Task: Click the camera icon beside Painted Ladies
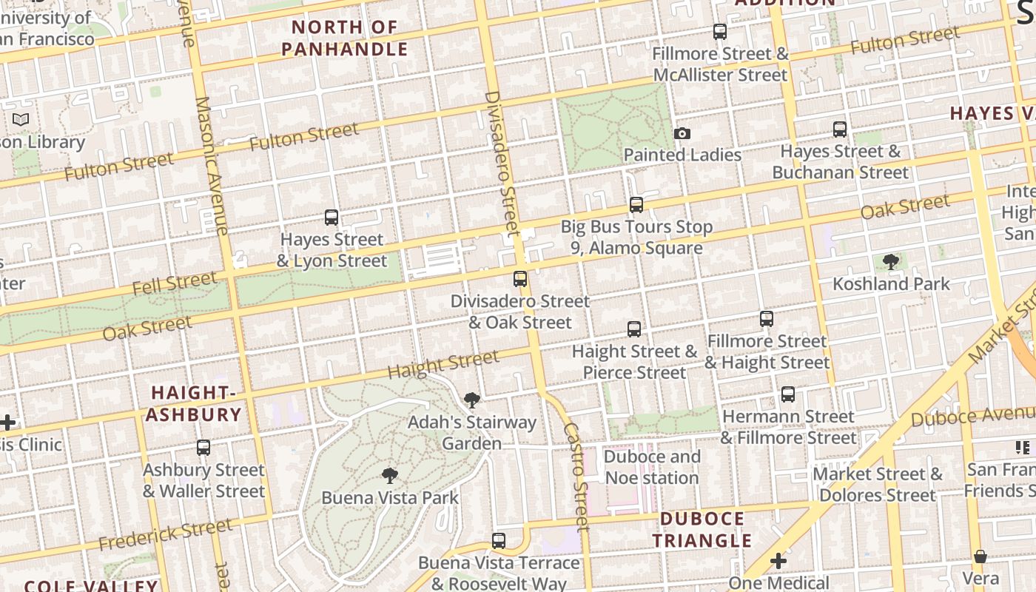(682, 134)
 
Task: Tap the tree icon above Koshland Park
(891, 262)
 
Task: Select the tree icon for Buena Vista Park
(390, 476)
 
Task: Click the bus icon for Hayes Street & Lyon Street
(332, 218)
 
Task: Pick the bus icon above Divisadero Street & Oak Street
(520, 279)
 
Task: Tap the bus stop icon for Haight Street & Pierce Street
(634, 329)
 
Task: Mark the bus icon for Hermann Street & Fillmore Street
(788, 394)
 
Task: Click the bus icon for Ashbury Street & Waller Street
(203, 448)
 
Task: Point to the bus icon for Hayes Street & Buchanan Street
(840, 129)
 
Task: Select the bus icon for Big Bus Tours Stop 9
(636, 205)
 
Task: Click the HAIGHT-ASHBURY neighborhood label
(194, 403)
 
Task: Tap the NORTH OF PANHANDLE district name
(345, 38)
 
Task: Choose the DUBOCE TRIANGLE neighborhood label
(702, 530)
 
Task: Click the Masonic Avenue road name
(212, 166)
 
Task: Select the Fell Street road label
(175, 283)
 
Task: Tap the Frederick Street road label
(166, 535)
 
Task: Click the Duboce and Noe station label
(652, 467)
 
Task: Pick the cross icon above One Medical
(778, 562)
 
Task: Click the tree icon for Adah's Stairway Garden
(471, 401)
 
